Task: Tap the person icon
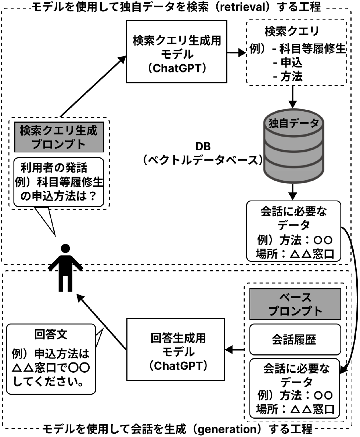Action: click(66, 267)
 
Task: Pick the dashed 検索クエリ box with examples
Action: click(296, 52)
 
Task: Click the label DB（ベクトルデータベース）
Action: click(203, 153)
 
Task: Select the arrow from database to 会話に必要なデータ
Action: click(292, 190)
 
